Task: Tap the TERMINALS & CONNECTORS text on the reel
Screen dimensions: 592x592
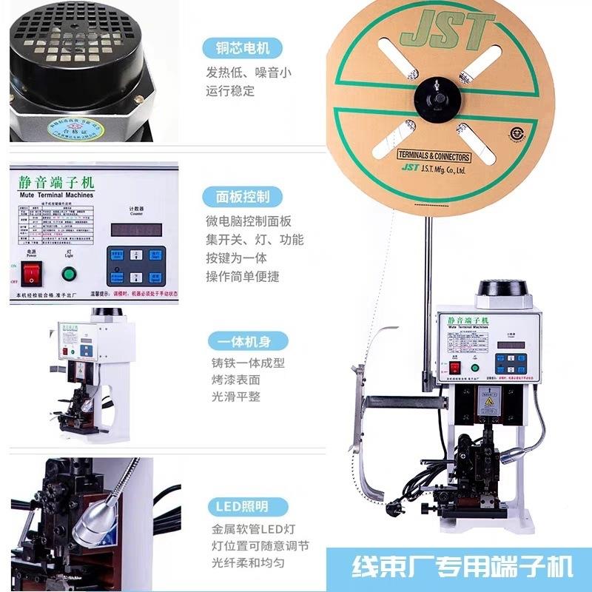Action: point(434,156)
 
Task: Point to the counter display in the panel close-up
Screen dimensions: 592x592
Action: point(136,229)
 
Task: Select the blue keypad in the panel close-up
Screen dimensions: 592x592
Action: point(136,266)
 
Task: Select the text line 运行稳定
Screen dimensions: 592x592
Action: point(230,91)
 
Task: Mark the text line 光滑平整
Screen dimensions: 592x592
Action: point(235,397)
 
